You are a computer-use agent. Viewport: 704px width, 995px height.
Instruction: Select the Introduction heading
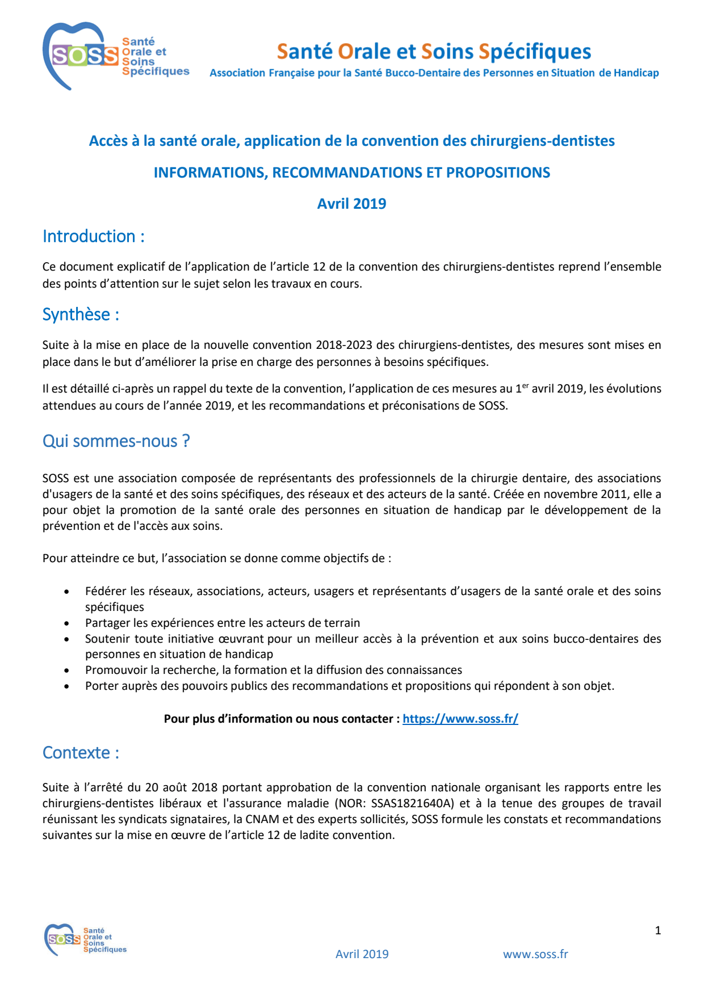[94, 236]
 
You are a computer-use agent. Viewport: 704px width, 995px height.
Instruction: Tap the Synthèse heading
[81, 314]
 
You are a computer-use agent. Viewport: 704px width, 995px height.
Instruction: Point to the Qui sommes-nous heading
[116, 441]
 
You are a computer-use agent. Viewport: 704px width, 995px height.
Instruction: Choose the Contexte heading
[81, 753]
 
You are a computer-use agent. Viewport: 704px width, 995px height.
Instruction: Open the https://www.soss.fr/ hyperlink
[460, 719]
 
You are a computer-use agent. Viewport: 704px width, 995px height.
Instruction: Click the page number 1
[657, 930]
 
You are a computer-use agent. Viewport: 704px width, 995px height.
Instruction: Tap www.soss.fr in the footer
[535, 954]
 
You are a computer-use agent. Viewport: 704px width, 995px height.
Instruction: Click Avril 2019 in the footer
[362, 954]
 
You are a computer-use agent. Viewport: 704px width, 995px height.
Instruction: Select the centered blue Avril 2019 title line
[351, 204]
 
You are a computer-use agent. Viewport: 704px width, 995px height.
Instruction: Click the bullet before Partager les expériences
[67, 623]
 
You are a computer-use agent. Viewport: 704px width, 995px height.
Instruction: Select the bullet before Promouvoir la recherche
[67, 671]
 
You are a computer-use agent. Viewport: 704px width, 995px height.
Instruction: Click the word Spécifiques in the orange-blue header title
[535, 52]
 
